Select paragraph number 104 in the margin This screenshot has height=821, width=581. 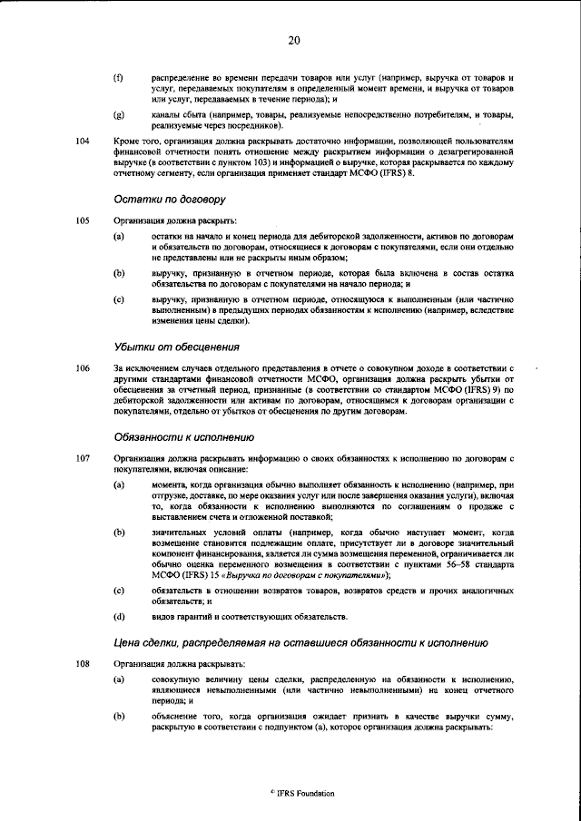(83, 142)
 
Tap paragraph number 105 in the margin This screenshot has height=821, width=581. (83, 220)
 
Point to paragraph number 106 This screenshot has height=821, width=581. (83, 368)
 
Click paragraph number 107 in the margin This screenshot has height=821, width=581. (83, 458)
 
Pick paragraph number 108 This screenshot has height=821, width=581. (83, 664)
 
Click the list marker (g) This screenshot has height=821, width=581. (118, 116)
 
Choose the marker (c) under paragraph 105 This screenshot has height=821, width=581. (118, 298)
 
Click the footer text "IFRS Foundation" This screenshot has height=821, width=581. (305, 793)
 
